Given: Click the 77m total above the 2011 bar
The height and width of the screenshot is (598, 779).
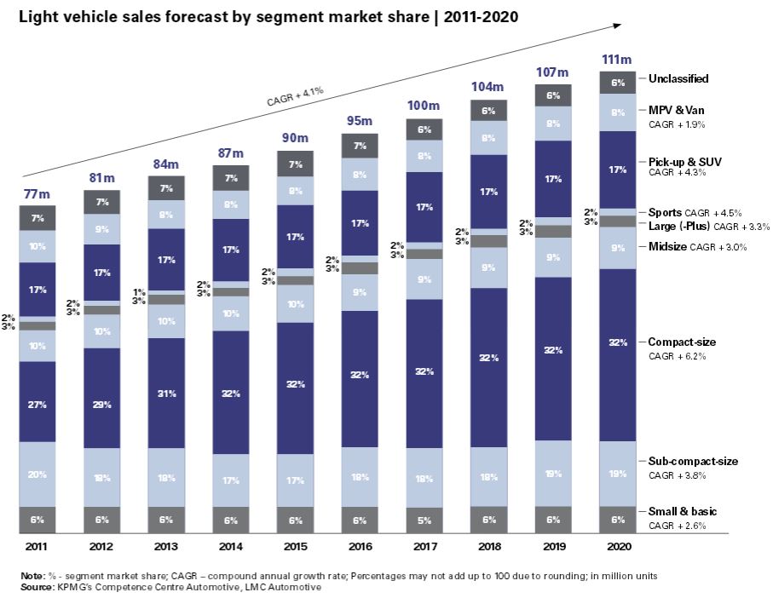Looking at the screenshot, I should (38, 194).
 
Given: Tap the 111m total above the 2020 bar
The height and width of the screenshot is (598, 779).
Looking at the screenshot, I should (616, 60).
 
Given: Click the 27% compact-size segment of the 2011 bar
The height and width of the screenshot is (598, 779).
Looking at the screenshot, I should (38, 405).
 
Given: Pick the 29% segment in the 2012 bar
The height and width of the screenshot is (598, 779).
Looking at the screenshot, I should (102, 405).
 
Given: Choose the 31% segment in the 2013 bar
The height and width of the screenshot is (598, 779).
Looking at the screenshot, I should (166, 394).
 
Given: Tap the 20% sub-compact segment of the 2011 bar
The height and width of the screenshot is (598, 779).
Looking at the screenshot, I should (38, 474).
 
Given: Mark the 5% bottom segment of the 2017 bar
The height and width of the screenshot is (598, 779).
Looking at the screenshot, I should (424, 520).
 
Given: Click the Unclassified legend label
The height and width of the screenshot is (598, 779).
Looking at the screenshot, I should (678, 78).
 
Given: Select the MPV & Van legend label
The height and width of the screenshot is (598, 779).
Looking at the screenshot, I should (675, 110).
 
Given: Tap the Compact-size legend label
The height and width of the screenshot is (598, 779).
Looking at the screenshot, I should (682, 342).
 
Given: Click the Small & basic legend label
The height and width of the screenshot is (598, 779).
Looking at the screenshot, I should (683, 512).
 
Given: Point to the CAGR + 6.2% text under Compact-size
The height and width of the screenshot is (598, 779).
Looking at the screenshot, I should (677, 356).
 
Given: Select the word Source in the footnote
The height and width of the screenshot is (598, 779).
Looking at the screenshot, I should (36, 587).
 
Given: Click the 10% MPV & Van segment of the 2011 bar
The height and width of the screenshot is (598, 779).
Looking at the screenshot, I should (38, 246).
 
